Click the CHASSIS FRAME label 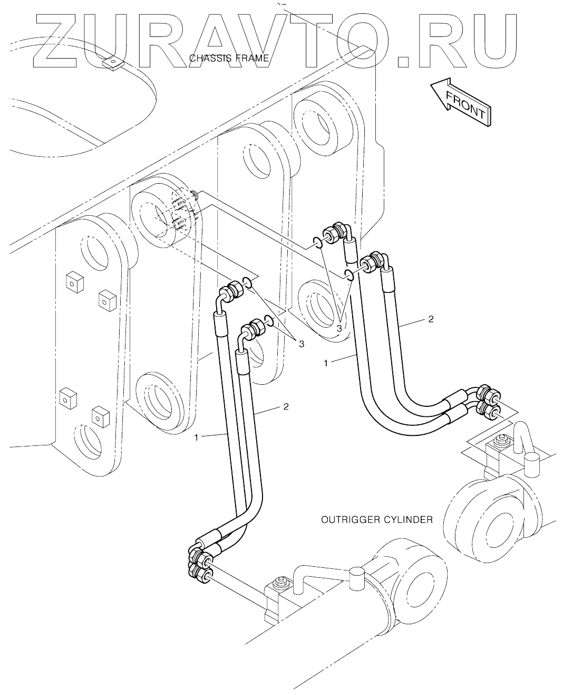tap(229, 59)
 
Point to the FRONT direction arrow tap(461, 102)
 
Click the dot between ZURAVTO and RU tap(408, 61)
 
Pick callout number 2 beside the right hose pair tap(431, 319)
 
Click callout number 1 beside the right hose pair tap(326, 363)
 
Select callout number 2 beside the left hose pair tap(286, 406)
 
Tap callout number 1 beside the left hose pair tap(196, 437)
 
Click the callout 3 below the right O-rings tap(339, 329)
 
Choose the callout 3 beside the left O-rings tap(302, 344)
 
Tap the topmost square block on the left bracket tap(75, 282)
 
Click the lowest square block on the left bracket tap(100, 417)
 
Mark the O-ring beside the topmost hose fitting tap(318, 242)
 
